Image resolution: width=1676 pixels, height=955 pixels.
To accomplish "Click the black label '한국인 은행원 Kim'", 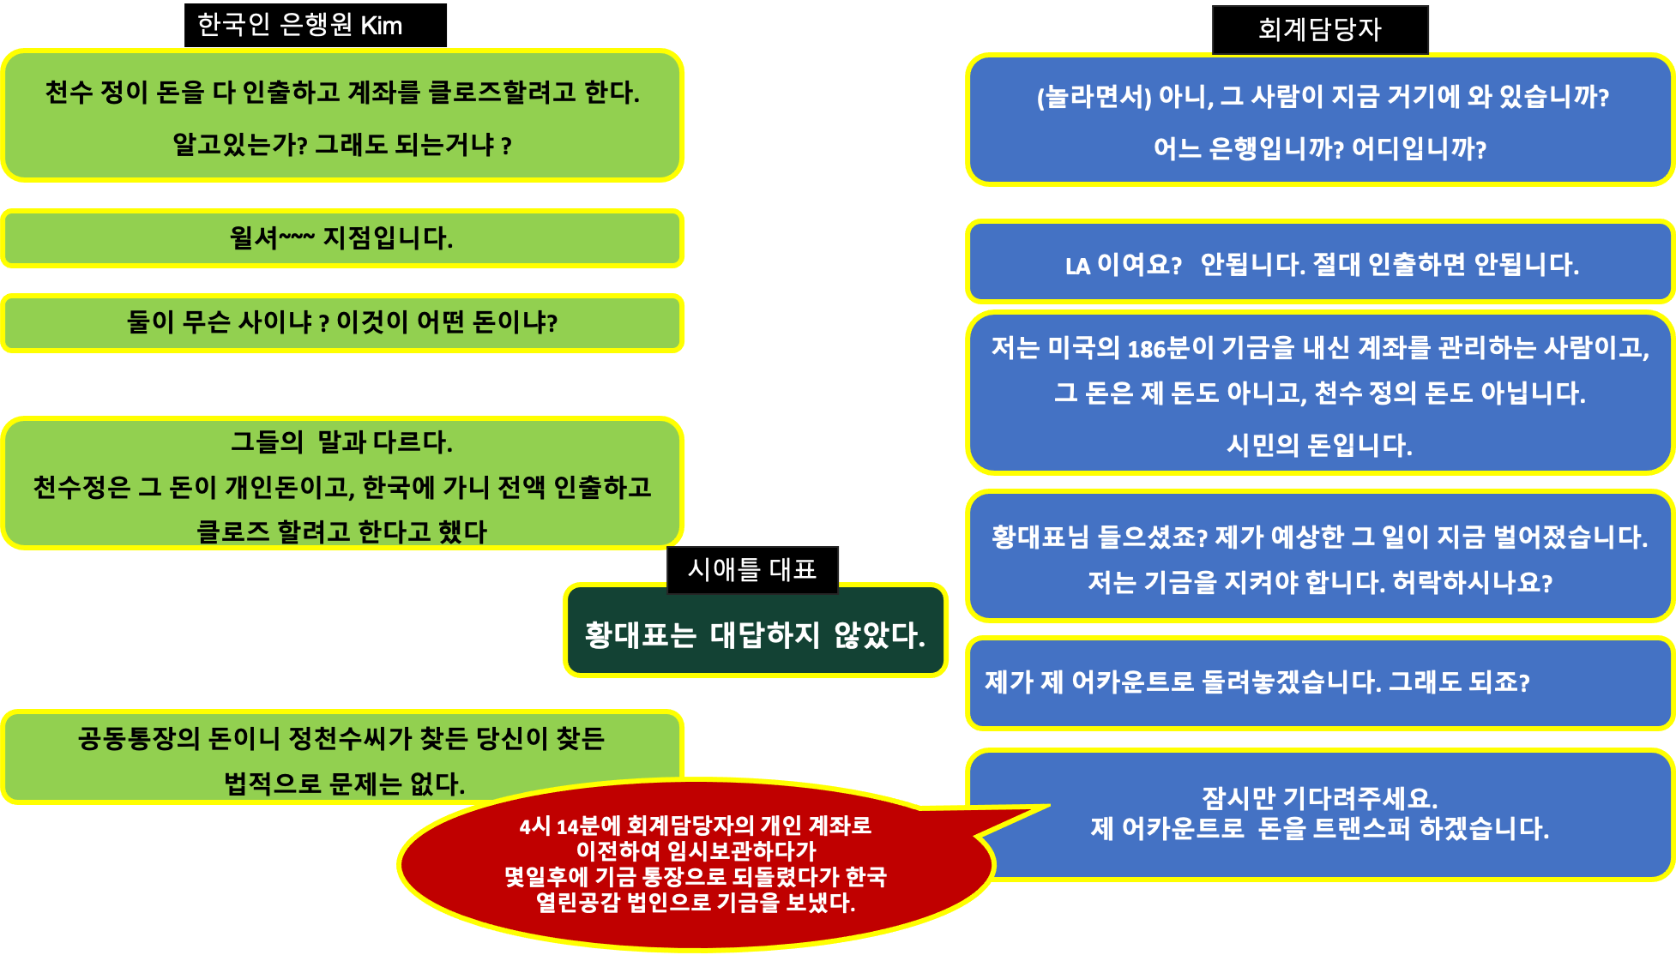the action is pos(315,25).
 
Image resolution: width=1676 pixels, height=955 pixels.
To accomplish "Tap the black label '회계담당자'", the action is pos(1320,30).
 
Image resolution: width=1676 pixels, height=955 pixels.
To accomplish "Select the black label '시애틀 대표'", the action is pos(752,569).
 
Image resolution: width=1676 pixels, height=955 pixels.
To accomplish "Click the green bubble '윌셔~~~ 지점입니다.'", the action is pos(341,238).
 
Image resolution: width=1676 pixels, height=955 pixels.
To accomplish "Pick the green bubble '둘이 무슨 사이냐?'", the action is pos(341,323).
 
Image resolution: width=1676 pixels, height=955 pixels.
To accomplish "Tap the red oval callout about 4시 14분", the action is pos(695,864).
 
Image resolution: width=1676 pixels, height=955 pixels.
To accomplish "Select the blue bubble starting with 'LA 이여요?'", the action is pos(1320,262).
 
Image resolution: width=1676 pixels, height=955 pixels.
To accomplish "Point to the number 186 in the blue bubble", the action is pos(1146,349).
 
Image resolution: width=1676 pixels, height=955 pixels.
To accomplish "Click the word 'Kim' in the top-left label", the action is pos(381,26).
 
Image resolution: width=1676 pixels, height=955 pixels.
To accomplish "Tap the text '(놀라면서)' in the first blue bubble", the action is pos(1094,97).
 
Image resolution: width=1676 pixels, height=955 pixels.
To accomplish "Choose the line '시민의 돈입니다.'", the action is pos(1319,445).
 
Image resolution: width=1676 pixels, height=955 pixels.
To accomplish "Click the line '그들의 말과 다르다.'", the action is pos(341,442).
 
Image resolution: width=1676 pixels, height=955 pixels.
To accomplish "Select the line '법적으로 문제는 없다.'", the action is pos(344,784).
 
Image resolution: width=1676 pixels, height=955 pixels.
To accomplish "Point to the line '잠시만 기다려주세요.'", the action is pos(1319,798).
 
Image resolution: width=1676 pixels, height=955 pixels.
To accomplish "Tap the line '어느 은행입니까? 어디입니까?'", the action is pos(1320,149).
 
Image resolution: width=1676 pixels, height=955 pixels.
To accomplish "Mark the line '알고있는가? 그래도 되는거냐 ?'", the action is pos(341,145).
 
